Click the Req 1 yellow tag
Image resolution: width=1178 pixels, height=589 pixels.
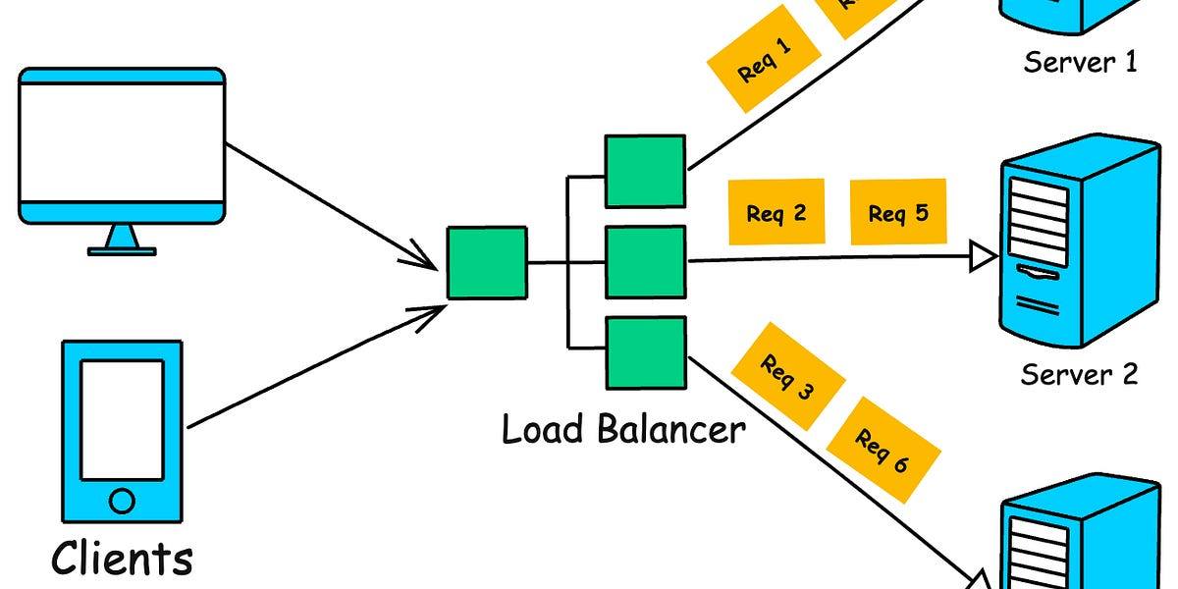(x=764, y=58)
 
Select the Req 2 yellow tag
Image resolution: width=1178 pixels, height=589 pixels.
(x=776, y=213)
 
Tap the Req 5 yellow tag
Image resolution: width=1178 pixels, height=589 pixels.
(x=897, y=212)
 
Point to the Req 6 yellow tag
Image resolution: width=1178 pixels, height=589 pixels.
(x=883, y=451)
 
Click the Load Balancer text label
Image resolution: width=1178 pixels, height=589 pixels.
(x=623, y=430)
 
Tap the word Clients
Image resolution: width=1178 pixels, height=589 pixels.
(x=122, y=558)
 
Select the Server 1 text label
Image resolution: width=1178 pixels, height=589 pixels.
(x=1080, y=63)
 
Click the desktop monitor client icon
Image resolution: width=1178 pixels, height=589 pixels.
(x=121, y=146)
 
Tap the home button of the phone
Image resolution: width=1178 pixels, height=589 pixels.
(x=122, y=503)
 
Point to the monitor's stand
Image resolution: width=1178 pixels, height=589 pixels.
(x=122, y=240)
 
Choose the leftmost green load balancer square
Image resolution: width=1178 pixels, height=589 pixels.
(x=487, y=263)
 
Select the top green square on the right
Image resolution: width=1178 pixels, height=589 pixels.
(x=645, y=172)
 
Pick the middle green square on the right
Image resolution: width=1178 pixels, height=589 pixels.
(x=645, y=262)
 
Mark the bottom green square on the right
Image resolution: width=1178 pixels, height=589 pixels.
(x=645, y=352)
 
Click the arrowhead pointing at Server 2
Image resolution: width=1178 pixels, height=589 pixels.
(x=983, y=258)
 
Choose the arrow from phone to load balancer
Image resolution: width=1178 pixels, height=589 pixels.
(x=314, y=368)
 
